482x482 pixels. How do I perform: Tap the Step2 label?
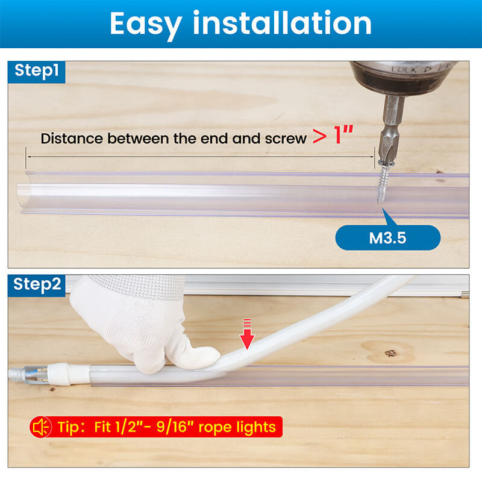pos(37,284)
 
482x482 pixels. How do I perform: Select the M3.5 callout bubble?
pos(387,237)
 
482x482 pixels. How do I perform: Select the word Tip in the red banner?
pos(71,427)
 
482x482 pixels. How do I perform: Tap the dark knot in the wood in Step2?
pos(390,352)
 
